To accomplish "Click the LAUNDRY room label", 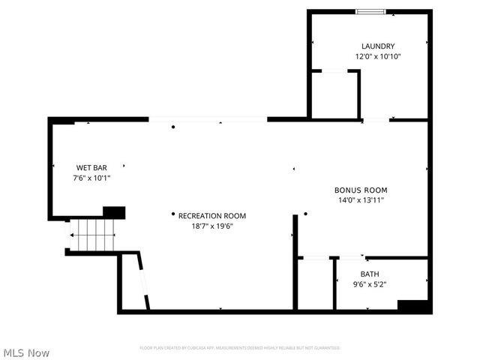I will pos(377,46).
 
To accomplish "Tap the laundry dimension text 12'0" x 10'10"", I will pos(377,56).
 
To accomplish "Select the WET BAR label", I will pos(91,167).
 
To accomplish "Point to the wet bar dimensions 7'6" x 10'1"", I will pos(91,178).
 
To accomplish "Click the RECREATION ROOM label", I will pos(211,216).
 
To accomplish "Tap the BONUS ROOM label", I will pos(361,190).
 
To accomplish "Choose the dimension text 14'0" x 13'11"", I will pos(361,200).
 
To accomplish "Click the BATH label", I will pos(370,274).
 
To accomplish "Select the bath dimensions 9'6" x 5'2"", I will pos(370,284).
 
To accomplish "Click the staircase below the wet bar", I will pos(92,235).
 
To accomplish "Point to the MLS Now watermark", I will pos(26,352).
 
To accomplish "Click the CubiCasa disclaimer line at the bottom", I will pos(240,348).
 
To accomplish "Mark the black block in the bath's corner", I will pos(412,306).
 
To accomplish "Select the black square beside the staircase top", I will pos(114,212).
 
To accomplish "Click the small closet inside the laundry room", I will pos(335,95).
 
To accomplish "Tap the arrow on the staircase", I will pos(73,235).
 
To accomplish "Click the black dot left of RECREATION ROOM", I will pos(172,215).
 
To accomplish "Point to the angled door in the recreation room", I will pos(143,281).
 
